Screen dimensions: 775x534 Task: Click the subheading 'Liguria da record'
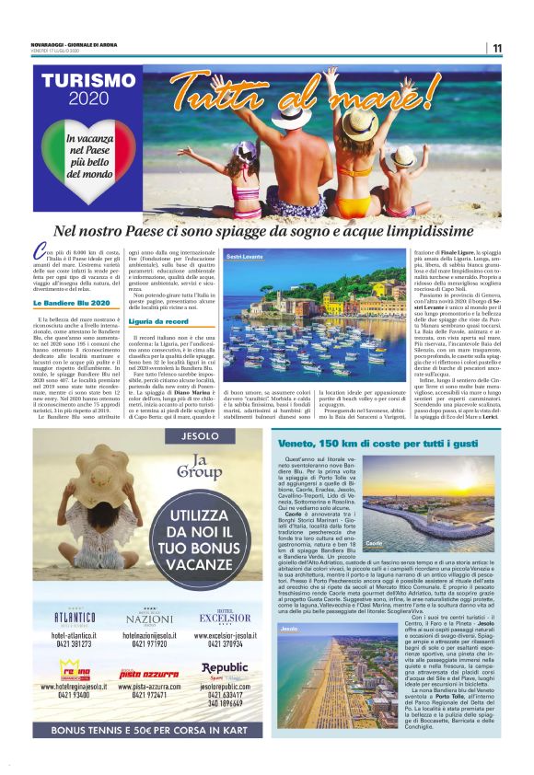click(x=158, y=321)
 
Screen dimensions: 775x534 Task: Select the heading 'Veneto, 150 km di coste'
click(x=378, y=444)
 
